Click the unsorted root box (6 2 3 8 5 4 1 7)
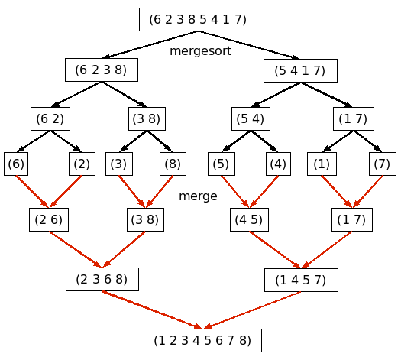pyautogui.click(x=198, y=19)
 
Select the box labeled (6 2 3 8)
pyautogui.click(x=102, y=70)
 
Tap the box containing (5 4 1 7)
pyautogui.click(x=300, y=70)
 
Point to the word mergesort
pyautogui.click(x=200, y=51)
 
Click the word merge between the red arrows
pyautogui.click(x=198, y=196)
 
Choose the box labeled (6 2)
pyautogui.click(x=50, y=118)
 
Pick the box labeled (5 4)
pyautogui.click(x=251, y=118)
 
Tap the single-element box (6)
pyautogui.click(x=16, y=164)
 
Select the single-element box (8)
pyautogui.click(x=173, y=164)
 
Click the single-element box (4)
pyautogui.click(x=278, y=164)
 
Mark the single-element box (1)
pyautogui.click(x=322, y=164)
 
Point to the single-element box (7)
pyautogui.click(x=383, y=164)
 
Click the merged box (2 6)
pyautogui.click(x=49, y=219)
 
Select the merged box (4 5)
pyautogui.click(x=249, y=219)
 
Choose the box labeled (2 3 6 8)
pyautogui.click(x=102, y=279)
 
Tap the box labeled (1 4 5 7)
pyautogui.click(x=301, y=280)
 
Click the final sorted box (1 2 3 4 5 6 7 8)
pyautogui.click(x=203, y=340)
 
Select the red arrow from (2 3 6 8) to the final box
pyautogui.click(x=153, y=310)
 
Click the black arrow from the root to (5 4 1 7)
pyautogui.click(x=249, y=45)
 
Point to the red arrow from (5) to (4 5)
pyautogui.click(x=235, y=191)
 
